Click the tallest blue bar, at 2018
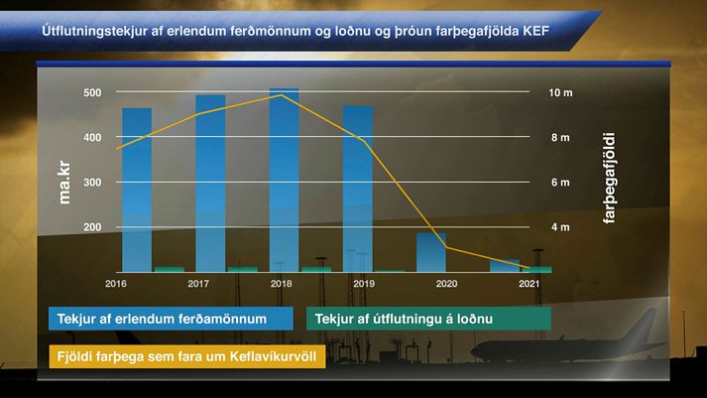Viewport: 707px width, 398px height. [x=284, y=180]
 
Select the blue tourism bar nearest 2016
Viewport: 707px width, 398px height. [x=137, y=190]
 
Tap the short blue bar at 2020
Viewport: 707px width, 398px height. [x=431, y=252]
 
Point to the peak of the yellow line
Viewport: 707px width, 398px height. [x=282, y=95]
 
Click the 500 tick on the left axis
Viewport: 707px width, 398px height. [x=92, y=92]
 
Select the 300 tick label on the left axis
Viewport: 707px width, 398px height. [x=92, y=183]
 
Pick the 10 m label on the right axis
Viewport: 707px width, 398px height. [x=560, y=92]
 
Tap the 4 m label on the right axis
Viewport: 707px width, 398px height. [x=560, y=227]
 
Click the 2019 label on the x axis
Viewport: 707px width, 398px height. [x=364, y=284]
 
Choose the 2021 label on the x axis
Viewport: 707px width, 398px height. [x=529, y=284]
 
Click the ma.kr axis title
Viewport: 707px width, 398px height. [x=64, y=183]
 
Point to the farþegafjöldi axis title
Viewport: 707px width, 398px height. [x=609, y=179]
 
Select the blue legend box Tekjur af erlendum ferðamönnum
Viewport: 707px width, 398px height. [x=171, y=319]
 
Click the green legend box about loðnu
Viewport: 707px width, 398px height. [x=428, y=319]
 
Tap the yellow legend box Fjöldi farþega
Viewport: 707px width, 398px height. [x=187, y=356]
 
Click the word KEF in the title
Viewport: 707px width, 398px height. [x=536, y=31]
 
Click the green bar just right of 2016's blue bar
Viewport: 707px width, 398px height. [x=170, y=269]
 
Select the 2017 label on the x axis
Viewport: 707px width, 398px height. [x=198, y=284]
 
